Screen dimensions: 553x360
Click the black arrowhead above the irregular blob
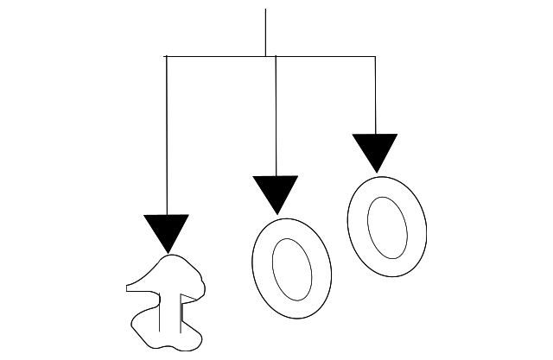pyautogui.click(x=166, y=230)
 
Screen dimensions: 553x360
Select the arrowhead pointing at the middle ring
pyautogui.click(x=276, y=191)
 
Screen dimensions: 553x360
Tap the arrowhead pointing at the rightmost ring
pyautogui.click(x=375, y=149)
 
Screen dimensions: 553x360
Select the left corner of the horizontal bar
pyautogui.click(x=165, y=57)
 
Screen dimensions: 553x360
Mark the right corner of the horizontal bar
pyautogui.click(x=375, y=57)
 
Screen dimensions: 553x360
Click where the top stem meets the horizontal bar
pyautogui.click(x=265, y=57)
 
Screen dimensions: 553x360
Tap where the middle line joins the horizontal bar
pyautogui.click(x=276, y=57)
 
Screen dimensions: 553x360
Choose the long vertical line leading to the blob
pyautogui.click(x=165, y=138)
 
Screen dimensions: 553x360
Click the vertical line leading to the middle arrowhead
pyautogui.click(x=276, y=117)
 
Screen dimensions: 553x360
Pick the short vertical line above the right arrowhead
pyautogui.click(x=375, y=95)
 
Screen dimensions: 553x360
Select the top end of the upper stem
pyautogui.click(x=265, y=9)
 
